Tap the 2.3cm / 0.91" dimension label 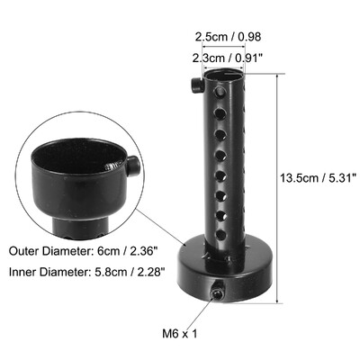(x=228, y=58)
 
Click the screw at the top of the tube (x=196, y=85)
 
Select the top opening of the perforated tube (x=228, y=76)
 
